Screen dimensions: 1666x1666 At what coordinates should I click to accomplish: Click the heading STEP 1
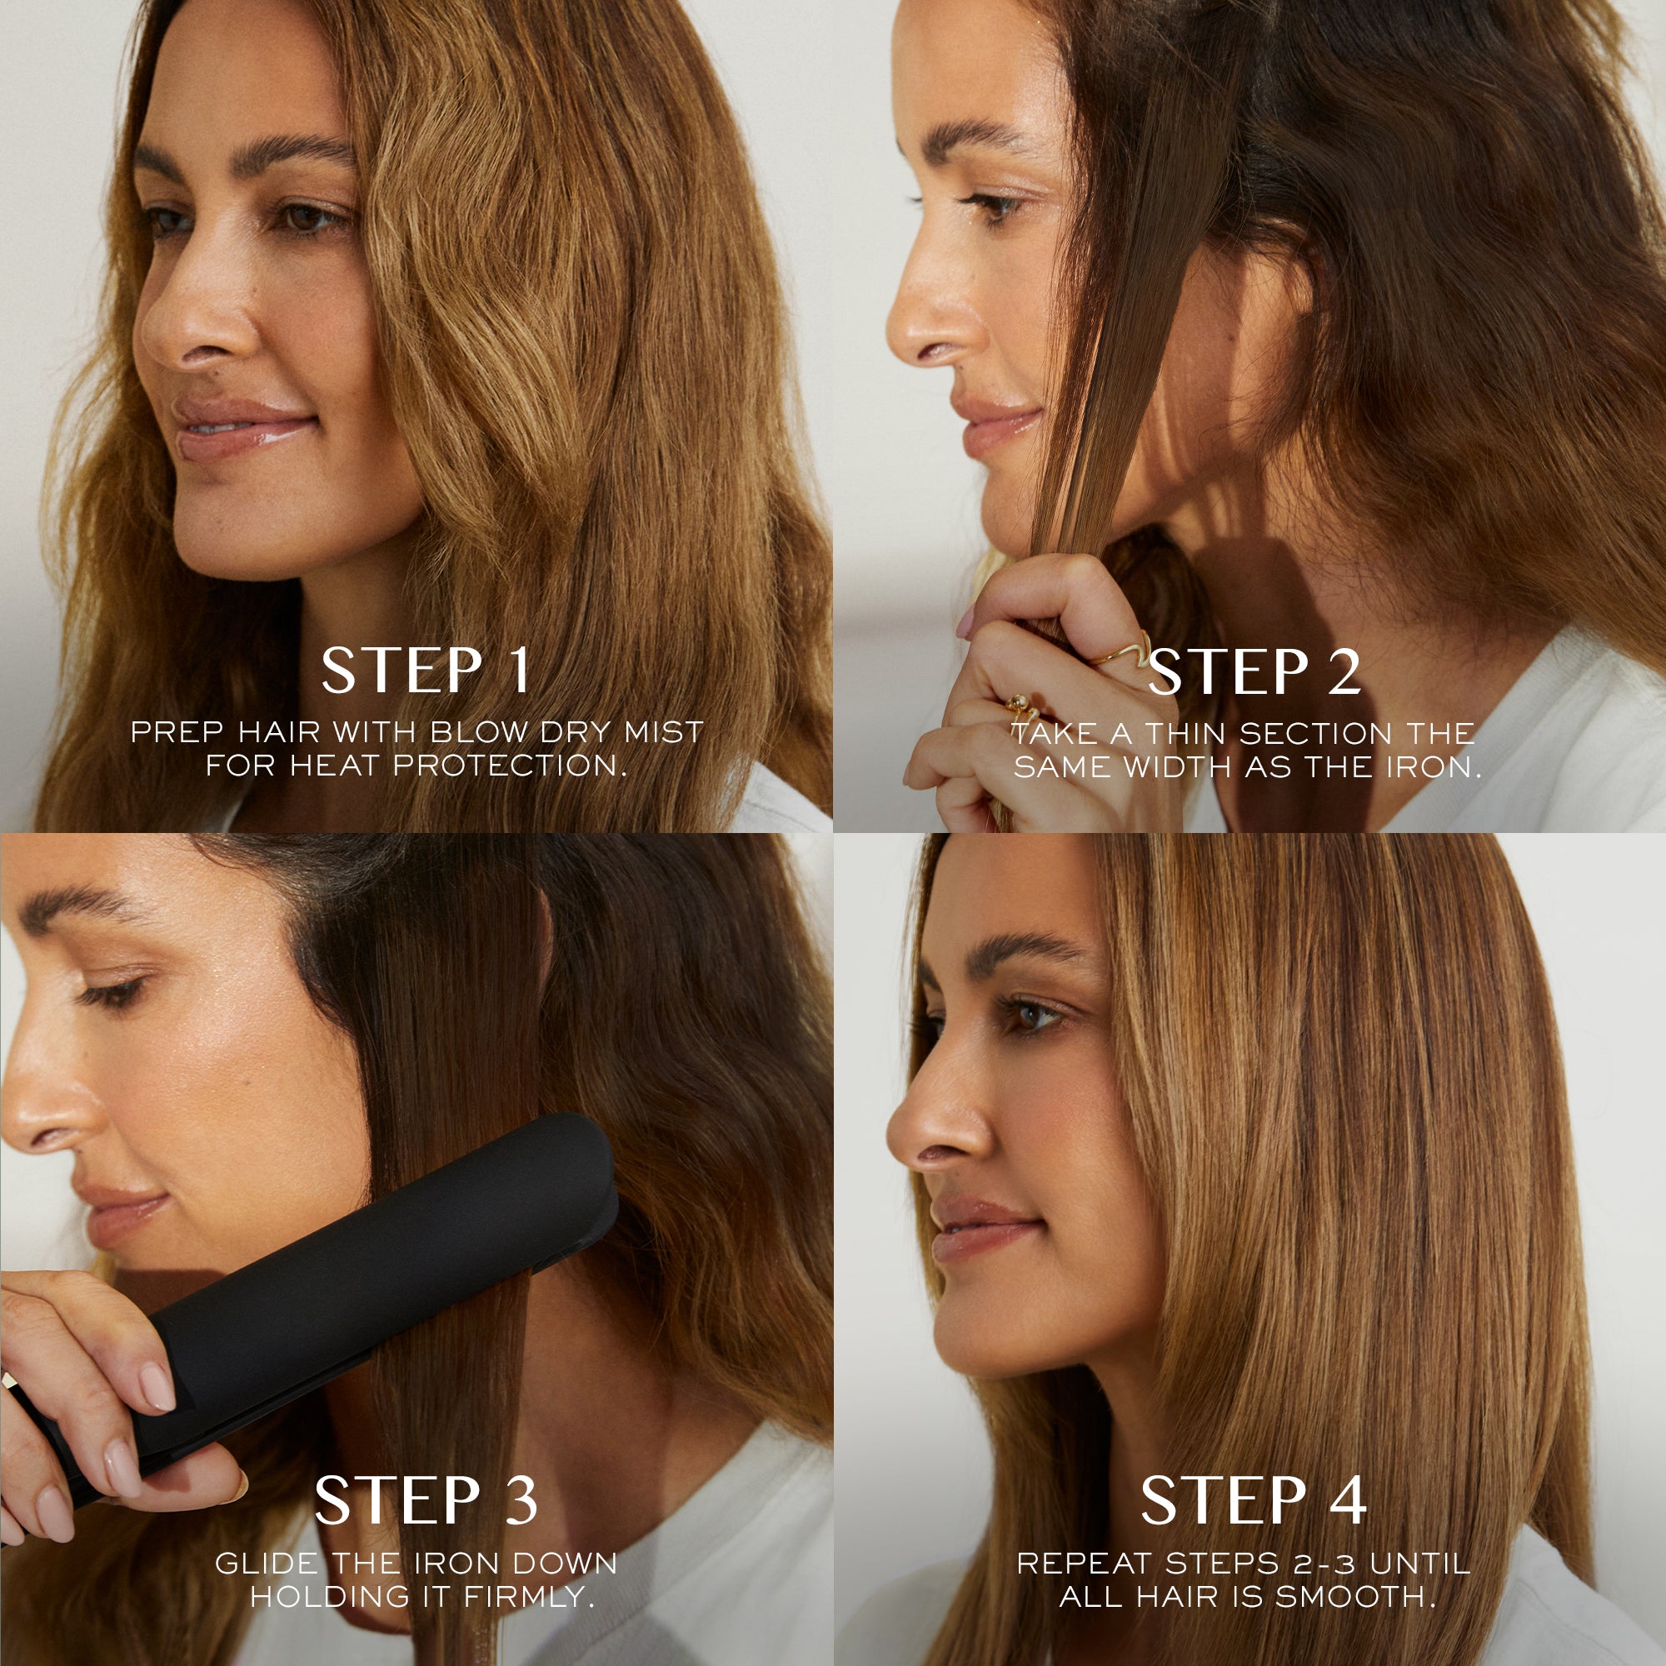425,671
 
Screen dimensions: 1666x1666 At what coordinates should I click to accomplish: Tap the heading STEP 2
1254,672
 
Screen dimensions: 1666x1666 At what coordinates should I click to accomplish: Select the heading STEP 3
425,1500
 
